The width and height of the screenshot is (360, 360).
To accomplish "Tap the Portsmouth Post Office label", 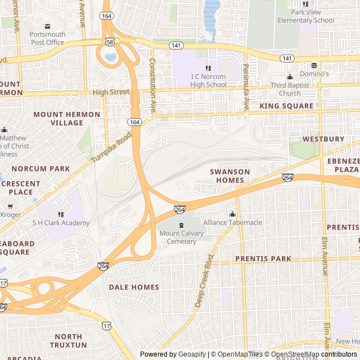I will pyautogui.click(x=47, y=38).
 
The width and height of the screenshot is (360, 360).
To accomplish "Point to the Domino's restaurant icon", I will pyautogui.click(x=314, y=65).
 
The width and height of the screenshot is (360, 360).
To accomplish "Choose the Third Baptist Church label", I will pyautogui.click(x=290, y=89).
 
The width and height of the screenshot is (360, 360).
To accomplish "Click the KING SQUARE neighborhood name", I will pyautogui.click(x=286, y=106).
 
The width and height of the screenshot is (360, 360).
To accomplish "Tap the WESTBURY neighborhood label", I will pyautogui.click(x=323, y=138).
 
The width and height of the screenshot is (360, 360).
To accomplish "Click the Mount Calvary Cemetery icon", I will pyautogui.click(x=181, y=226).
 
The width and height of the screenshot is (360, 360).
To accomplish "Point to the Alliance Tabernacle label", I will pyautogui.click(x=233, y=223).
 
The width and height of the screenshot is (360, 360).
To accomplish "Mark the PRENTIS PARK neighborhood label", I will pyautogui.click(x=263, y=259).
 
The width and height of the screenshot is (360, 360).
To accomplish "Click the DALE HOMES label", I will pyautogui.click(x=134, y=287).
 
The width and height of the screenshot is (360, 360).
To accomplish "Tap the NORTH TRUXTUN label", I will pyautogui.click(x=69, y=340).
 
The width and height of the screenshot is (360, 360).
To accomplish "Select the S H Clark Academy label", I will pyautogui.click(x=61, y=223).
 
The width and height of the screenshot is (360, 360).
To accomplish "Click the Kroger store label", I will pyautogui.click(x=11, y=214).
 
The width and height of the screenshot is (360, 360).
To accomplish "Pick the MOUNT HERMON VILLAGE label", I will pyautogui.click(x=67, y=119).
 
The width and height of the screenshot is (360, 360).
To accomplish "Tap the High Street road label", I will pyautogui.click(x=111, y=92).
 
